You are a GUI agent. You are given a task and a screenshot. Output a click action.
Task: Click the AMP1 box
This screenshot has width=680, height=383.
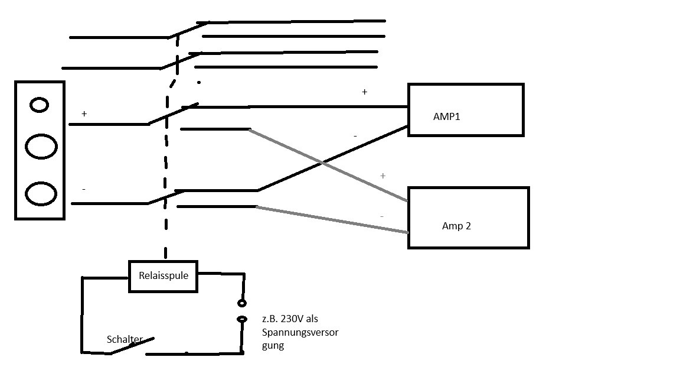coord(465,110)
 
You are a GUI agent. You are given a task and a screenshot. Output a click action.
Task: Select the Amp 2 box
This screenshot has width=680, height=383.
coord(468,218)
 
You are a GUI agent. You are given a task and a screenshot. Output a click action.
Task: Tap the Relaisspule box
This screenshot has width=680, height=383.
coord(162,276)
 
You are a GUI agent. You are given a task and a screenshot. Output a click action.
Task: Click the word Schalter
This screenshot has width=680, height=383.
coord(124,339)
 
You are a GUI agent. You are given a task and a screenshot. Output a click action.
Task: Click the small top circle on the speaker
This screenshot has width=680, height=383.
coord(40,105)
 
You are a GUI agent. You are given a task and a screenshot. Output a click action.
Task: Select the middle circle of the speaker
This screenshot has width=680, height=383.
coord(41,146)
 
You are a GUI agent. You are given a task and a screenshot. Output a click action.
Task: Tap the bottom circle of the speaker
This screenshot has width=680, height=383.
coord(41,194)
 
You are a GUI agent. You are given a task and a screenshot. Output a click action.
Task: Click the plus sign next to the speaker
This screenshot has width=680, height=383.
coord(84,113)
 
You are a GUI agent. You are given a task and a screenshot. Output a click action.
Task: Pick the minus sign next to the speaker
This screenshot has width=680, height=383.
coord(84,189)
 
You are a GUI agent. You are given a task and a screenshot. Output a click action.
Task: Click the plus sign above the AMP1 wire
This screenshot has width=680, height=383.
coord(364,92)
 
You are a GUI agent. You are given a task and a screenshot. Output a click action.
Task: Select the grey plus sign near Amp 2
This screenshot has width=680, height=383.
coord(382,176)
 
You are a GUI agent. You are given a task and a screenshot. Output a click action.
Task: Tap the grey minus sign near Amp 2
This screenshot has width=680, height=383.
coord(382,216)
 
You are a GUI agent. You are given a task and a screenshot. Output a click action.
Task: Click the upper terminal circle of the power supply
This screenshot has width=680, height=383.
coord(242,303)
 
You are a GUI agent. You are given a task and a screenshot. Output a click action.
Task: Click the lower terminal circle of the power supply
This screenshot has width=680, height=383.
coord(242,319)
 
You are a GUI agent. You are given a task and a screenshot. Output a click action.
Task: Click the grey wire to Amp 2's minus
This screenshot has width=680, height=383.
coord(331,219)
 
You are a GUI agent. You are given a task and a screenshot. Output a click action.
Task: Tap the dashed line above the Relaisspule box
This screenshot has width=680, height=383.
coord(166,236)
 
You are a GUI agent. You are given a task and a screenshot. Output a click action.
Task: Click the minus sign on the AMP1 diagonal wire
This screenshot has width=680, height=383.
coord(355,137)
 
